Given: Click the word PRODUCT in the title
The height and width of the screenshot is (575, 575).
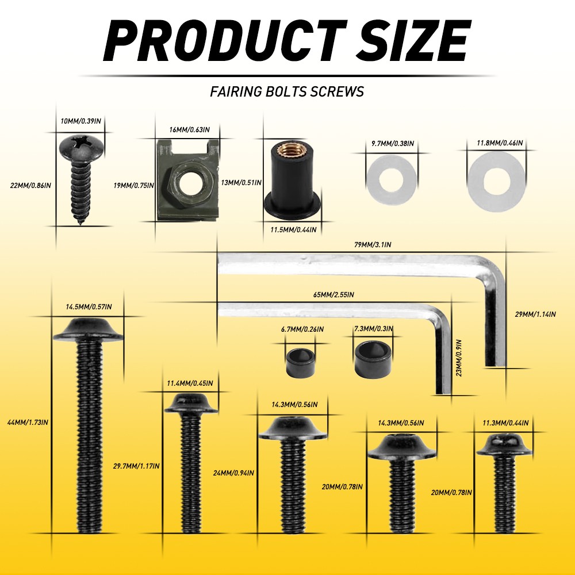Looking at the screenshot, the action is (225, 40).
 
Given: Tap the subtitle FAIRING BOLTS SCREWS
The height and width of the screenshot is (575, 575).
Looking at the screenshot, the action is (287, 91).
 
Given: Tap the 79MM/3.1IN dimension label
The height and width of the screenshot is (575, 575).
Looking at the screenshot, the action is (373, 244).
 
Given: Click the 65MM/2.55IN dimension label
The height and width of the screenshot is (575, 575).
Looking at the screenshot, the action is (333, 294).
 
